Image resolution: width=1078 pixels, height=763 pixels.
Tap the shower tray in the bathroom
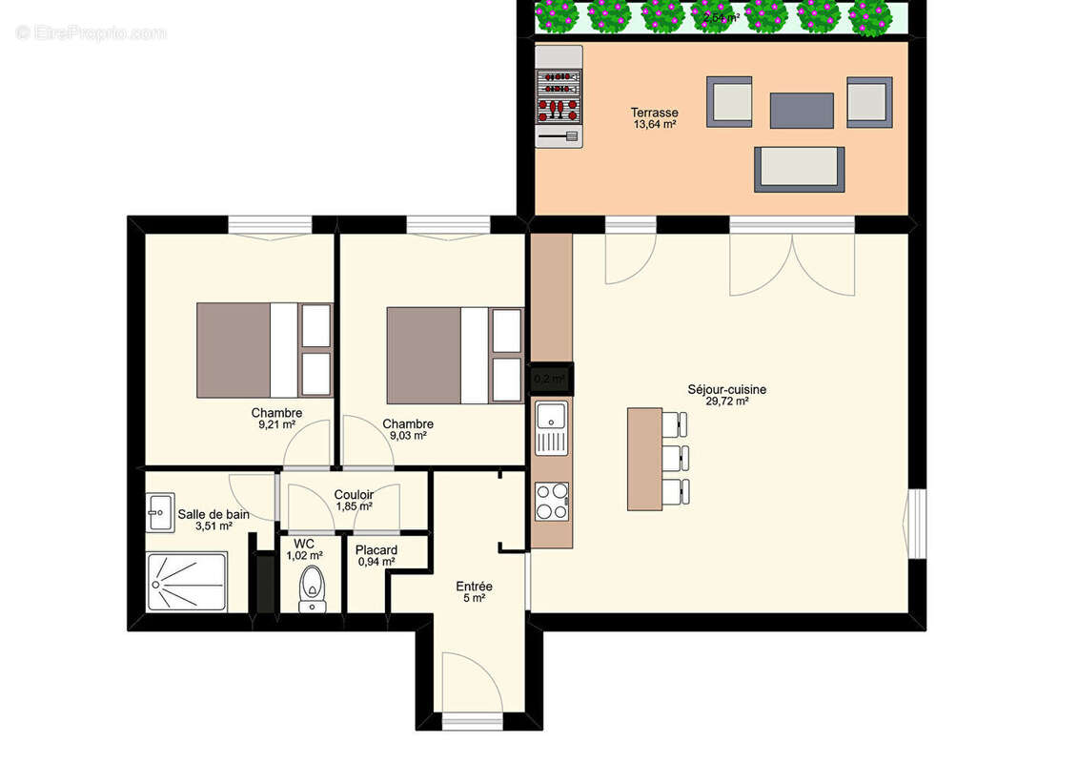[x=187, y=582]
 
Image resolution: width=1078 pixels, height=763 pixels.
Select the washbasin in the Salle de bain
[x=158, y=511]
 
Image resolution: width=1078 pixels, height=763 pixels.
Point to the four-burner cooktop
[x=552, y=502]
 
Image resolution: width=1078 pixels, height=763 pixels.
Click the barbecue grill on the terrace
[x=559, y=97]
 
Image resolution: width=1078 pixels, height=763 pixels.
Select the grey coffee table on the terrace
[x=802, y=110]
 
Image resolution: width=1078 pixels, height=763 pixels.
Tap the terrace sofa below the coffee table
[x=799, y=169]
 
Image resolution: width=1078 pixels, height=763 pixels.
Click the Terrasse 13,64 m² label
[x=654, y=118]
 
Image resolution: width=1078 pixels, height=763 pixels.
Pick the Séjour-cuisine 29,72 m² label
[x=726, y=395]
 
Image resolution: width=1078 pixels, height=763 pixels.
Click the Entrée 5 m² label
[x=474, y=591]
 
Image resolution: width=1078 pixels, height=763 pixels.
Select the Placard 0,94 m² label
[x=376, y=556]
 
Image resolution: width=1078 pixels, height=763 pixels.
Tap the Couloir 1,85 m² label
[x=354, y=501]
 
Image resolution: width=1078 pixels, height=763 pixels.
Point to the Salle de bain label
[x=214, y=520]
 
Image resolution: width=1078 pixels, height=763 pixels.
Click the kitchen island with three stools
[x=644, y=459]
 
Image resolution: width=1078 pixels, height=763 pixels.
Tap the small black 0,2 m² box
[x=551, y=379]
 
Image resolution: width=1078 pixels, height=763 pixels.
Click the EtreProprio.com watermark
[x=92, y=32]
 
